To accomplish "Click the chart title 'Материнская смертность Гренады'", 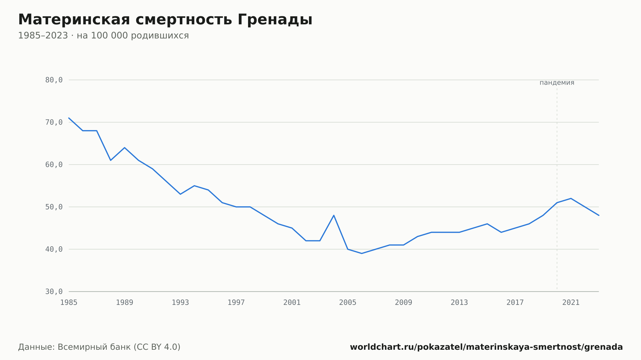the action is (165, 20).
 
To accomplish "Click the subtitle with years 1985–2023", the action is (103, 36).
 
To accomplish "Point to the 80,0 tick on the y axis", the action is (54, 80).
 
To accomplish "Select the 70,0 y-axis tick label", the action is (54, 122).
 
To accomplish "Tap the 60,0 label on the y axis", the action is (54, 165).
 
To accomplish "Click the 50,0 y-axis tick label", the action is (54, 207).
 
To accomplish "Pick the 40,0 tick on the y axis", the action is (54, 249).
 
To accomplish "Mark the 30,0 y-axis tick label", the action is (54, 291).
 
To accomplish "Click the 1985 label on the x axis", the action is (69, 303).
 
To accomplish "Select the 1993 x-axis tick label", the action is (180, 303).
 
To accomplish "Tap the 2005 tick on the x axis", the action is (348, 303).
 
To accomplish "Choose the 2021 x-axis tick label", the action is (571, 303).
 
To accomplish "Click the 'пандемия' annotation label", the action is (557, 83).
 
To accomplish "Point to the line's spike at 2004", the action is (334, 215).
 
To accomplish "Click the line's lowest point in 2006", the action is (362, 253).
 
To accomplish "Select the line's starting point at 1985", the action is (69, 118).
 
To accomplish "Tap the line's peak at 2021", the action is (571, 198).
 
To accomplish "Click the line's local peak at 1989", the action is (125, 148).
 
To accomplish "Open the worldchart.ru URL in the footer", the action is (486, 347).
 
